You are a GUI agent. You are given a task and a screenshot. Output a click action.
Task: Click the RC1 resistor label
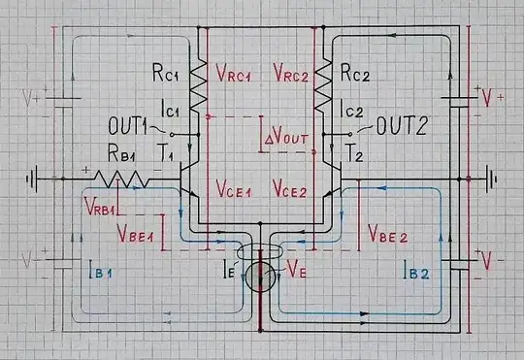point(162,74)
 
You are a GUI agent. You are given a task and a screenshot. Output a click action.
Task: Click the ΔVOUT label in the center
point(286,139)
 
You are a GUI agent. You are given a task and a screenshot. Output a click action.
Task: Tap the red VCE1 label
point(235,188)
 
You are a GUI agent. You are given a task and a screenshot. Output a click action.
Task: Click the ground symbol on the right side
point(491,179)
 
